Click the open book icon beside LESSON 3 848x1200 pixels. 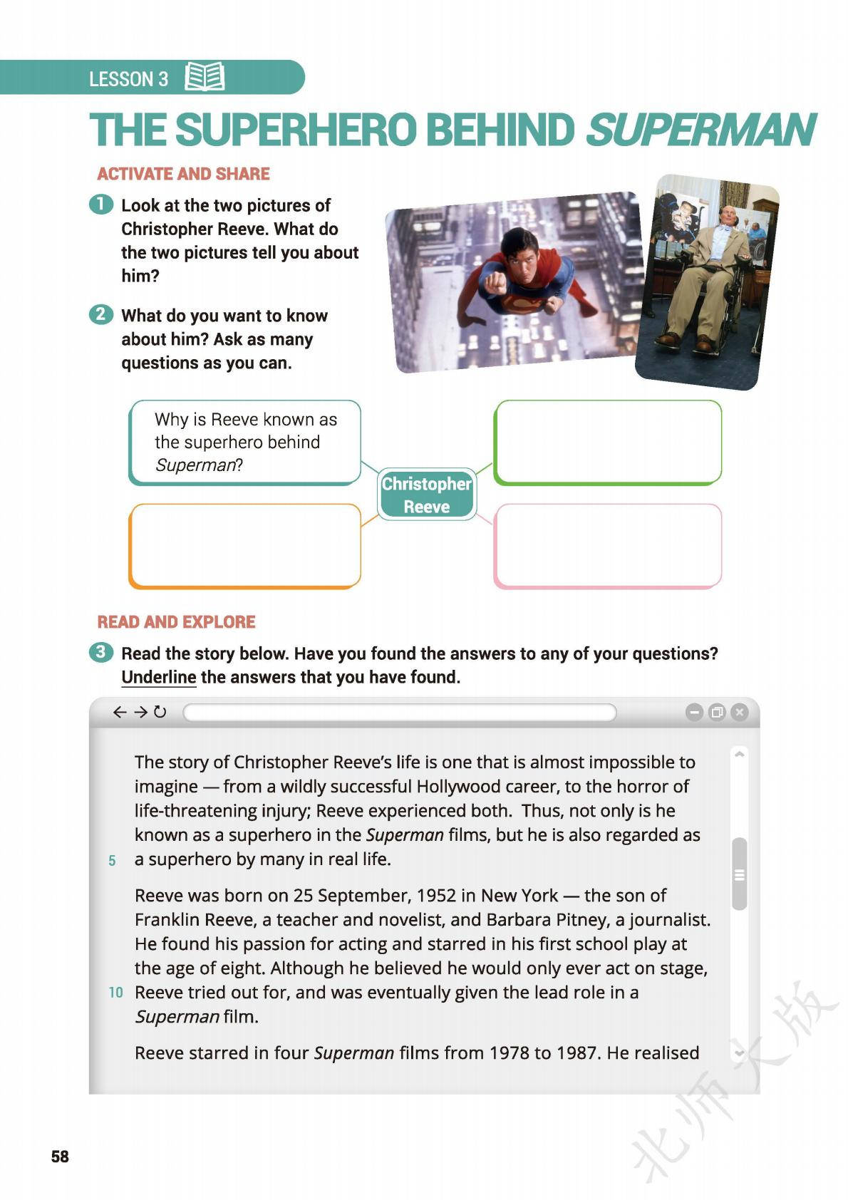[205, 77]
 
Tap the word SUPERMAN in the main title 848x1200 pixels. [700, 130]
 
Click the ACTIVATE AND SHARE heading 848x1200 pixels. [183, 174]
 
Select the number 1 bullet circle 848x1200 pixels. [101, 205]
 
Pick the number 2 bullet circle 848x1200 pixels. [101, 314]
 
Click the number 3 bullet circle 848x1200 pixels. [101, 652]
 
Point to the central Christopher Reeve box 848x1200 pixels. [426, 495]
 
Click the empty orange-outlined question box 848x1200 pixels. [244, 546]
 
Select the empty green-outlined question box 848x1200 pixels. [607, 442]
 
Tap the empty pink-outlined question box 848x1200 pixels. [607, 546]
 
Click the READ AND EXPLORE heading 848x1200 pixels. [176, 622]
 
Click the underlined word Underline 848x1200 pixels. [158, 677]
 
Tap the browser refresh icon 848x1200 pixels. [160, 712]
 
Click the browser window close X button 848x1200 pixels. [740, 712]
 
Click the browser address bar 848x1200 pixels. [399, 712]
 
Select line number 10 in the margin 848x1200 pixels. [115, 993]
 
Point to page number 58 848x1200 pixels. [60, 1157]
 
